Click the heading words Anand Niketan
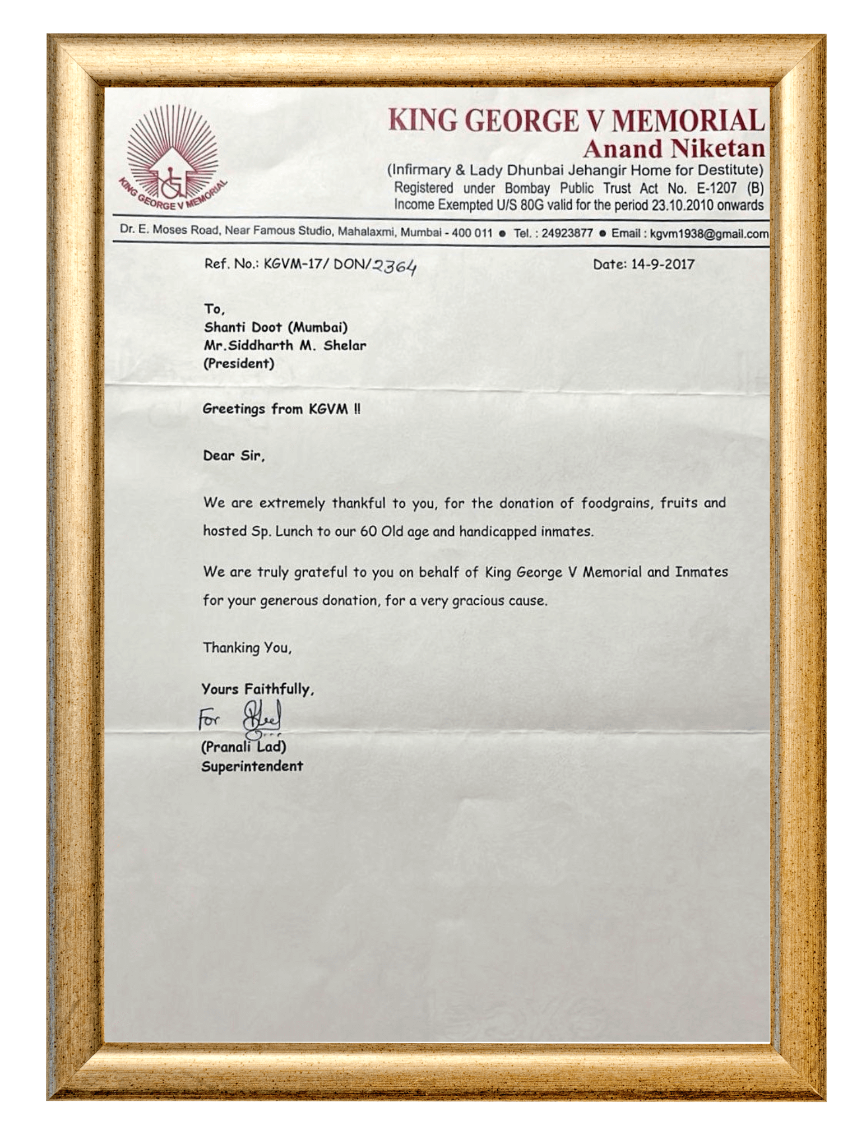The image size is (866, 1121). click(673, 149)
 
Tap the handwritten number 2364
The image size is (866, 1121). click(395, 267)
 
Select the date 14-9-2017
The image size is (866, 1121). click(663, 265)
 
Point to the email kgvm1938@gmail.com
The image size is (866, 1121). click(709, 234)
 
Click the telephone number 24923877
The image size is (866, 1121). click(567, 233)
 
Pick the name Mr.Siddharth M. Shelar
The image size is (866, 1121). click(285, 345)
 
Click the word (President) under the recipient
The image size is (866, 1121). click(239, 364)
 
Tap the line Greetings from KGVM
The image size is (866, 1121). click(281, 409)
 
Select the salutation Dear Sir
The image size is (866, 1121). click(234, 456)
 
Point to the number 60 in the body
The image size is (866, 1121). click(368, 531)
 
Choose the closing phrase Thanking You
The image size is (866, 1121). click(247, 648)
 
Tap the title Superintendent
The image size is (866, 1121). click(252, 766)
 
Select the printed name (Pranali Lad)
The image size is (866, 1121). click(244, 747)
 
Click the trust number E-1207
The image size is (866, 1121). click(716, 188)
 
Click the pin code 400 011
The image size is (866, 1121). click(471, 233)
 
